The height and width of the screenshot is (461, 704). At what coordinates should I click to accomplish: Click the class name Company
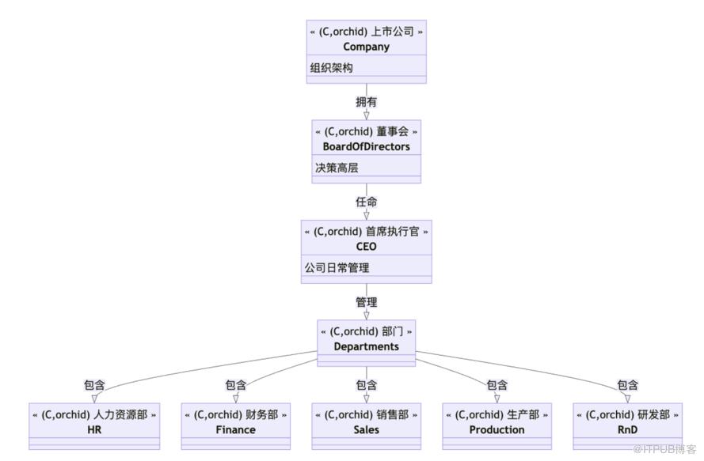(366, 47)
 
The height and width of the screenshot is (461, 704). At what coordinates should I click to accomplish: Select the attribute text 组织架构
(331, 68)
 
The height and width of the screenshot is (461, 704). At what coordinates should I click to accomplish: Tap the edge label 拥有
(366, 101)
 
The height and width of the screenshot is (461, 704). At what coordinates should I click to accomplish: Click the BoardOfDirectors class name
(366, 146)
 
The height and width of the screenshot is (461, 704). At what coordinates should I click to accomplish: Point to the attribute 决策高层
(337, 168)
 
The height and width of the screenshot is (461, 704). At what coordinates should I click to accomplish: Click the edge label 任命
(366, 202)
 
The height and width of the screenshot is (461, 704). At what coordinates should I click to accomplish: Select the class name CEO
(366, 246)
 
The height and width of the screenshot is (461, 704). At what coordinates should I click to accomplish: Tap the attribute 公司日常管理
(337, 267)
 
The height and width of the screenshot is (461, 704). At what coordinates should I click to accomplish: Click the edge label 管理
(366, 302)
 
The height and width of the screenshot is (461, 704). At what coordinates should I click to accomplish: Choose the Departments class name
(366, 346)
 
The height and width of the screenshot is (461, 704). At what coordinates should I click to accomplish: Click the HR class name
(94, 430)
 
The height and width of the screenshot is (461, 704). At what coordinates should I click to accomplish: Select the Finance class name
(235, 430)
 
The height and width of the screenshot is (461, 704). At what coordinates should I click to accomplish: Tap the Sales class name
(366, 430)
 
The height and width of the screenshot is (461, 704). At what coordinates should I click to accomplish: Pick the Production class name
(497, 430)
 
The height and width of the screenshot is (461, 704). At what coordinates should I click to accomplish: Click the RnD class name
(627, 430)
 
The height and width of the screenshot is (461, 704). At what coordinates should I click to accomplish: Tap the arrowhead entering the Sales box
(366, 398)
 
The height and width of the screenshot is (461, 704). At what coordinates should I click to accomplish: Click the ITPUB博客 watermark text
(664, 449)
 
